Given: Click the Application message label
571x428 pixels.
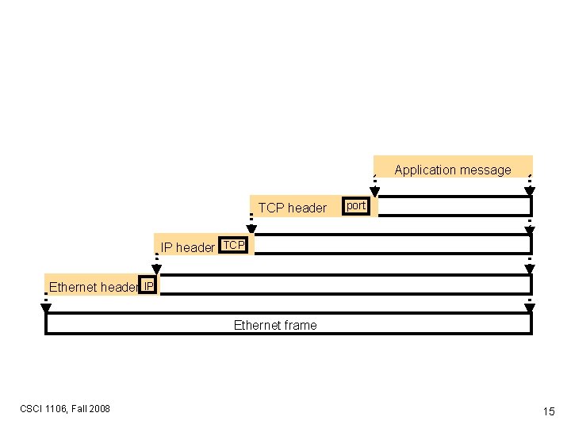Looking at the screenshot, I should coord(452,170).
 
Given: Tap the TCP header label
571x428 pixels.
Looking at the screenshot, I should coord(292,208).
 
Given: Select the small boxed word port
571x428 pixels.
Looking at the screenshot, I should coord(356,206).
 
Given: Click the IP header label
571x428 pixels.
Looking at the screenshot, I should coord(188,247).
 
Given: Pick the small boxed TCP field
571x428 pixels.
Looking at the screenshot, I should coord(234,245).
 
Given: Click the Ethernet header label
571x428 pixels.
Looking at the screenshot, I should coord(93,287).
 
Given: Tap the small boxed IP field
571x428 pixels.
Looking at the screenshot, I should coord(148,285).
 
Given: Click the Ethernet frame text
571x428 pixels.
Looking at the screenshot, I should coord(274,325).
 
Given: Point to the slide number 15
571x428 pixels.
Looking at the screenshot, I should coord(548,411).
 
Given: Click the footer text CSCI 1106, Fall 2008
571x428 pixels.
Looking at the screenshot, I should coord(65,409).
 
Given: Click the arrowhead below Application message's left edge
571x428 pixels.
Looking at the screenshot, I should coord(375,192).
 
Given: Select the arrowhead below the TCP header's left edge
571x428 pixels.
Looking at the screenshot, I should coord(251,231).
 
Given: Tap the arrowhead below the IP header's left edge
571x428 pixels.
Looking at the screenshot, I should coord(156,269).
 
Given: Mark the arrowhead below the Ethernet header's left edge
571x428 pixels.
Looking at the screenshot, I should coord(46,308).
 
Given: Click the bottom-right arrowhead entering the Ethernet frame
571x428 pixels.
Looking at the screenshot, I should coord(530,308).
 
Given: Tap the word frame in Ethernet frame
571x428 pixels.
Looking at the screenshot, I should coord(301,325).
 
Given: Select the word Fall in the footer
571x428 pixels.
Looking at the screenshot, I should coord(79,409).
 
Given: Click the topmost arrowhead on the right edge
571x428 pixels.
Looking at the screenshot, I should coord(530,192).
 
